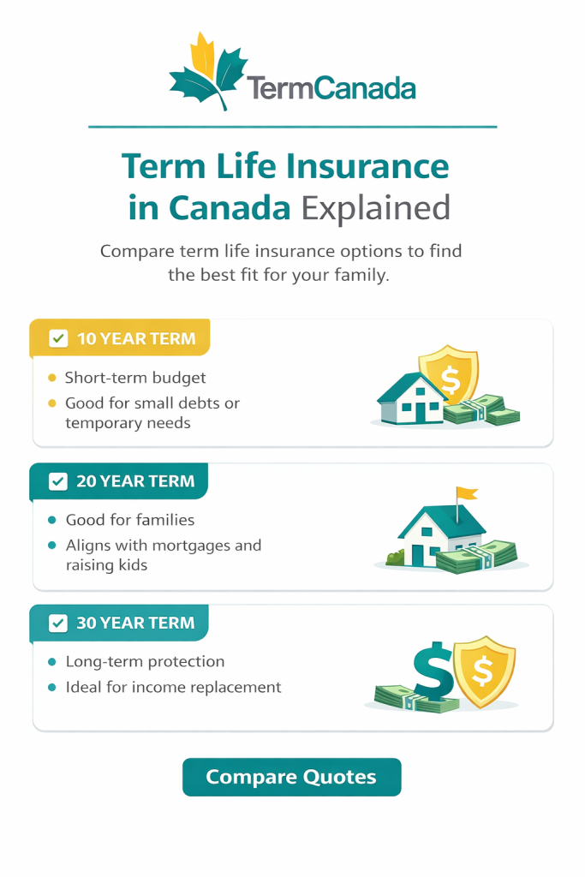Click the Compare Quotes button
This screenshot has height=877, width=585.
(x=291, y=777)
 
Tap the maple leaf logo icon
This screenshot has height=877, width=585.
(x=208, y=72)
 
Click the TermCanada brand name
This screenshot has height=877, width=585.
(x=331, y=87)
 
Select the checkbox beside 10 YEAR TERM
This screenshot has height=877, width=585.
(x=58, y=338)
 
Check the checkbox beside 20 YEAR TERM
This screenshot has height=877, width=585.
(x=58, y=481)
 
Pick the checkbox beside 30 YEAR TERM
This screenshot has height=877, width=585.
(x=58, y=623)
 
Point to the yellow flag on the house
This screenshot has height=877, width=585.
(x=468, y=494)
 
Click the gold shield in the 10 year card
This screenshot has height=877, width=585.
(x=448, y=373)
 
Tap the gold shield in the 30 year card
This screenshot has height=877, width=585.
(x=484, y=671)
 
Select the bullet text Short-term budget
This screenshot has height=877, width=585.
(x=135, y=378)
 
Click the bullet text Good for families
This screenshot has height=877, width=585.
(x=129, y=520)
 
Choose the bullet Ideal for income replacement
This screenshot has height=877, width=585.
(x=173, y=687)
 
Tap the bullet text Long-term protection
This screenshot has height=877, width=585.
(x=145, y=662)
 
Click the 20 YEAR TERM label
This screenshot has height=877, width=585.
(x=135, y=481)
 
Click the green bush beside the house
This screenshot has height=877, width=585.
(x=395, y=558)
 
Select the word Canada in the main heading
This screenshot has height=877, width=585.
(x=229, y=208)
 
